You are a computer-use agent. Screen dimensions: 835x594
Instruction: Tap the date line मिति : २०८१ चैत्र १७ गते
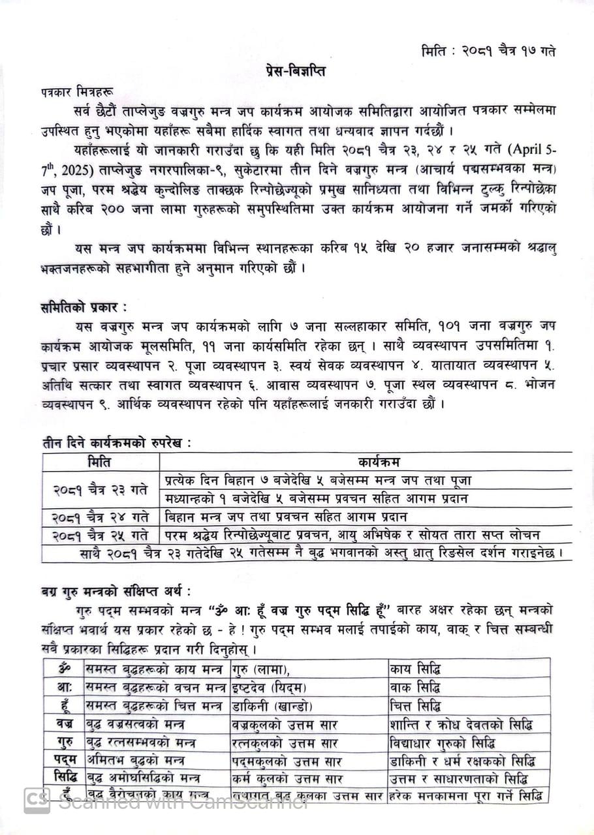pos(488,50)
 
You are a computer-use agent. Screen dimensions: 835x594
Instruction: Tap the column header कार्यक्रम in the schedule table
pos(366,462)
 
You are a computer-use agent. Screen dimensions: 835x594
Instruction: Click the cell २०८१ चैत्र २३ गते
pos(100,489)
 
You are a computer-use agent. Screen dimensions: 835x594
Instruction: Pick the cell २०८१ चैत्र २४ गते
pos(100,517)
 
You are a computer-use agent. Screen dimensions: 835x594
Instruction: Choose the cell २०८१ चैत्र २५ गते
pos(100,535)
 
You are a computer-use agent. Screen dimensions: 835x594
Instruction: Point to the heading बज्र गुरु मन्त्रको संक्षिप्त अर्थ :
pos(115,592)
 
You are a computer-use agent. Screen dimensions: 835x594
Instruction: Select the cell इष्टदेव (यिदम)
pos(270,688)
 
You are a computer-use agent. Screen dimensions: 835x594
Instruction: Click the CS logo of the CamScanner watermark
pos(37,800)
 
